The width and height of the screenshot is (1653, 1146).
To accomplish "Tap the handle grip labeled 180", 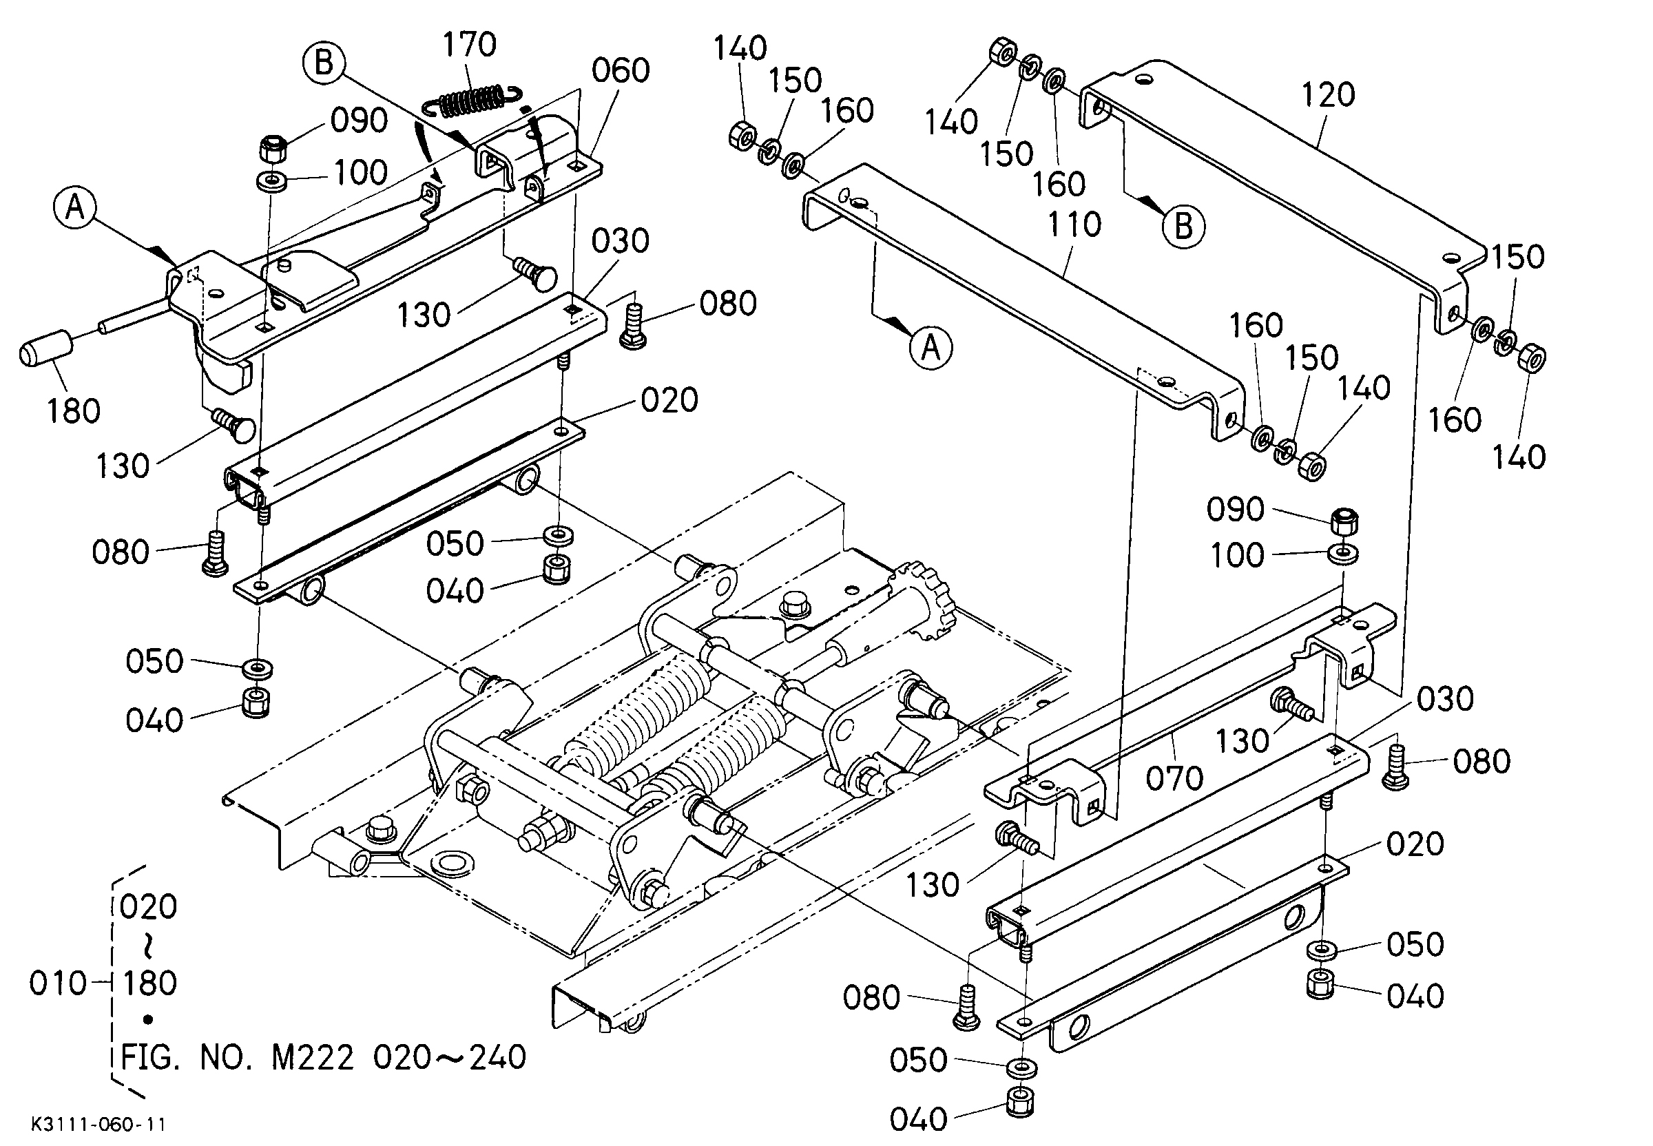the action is pyautogui.click(x=47, y=349).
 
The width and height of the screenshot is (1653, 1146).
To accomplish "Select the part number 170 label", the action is pyautogui.click(x=469, y=45).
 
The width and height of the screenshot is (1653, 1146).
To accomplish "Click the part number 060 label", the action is pyautogui.click(x=621, y=70).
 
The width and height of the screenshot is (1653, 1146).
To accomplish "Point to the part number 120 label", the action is pyautogui.click(x=1328, y=95).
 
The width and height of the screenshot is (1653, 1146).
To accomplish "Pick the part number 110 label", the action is pyautogui.click(x=1074, y=225).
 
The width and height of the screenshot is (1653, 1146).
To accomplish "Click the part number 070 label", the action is pyautogui.click(x=1175, y=778).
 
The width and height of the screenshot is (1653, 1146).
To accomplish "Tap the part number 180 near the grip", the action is pyautogui.click(x=73, y=411).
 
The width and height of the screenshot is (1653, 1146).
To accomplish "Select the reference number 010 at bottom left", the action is pyautogui.click(x=58, y=983).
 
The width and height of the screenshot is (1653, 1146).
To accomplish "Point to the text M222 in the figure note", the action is pyautogui.click(x=313, y=1057).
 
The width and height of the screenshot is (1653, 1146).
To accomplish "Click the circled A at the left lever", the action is pyautogui.click(x=74, y=207).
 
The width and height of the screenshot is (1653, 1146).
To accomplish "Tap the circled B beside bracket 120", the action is pyautogui.click(x=1183, y=226).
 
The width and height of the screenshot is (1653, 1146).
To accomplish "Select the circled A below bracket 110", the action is pyautogui.click(x=931, y=348).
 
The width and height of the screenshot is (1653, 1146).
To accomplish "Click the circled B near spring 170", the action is pyautogui.click(x=324, y=63).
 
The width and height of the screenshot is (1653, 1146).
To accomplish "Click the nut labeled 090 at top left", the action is pyautogui.click(x=273, y=149).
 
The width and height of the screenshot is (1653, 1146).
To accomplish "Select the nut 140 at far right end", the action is pyautogui.click(x=1533, y=357).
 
